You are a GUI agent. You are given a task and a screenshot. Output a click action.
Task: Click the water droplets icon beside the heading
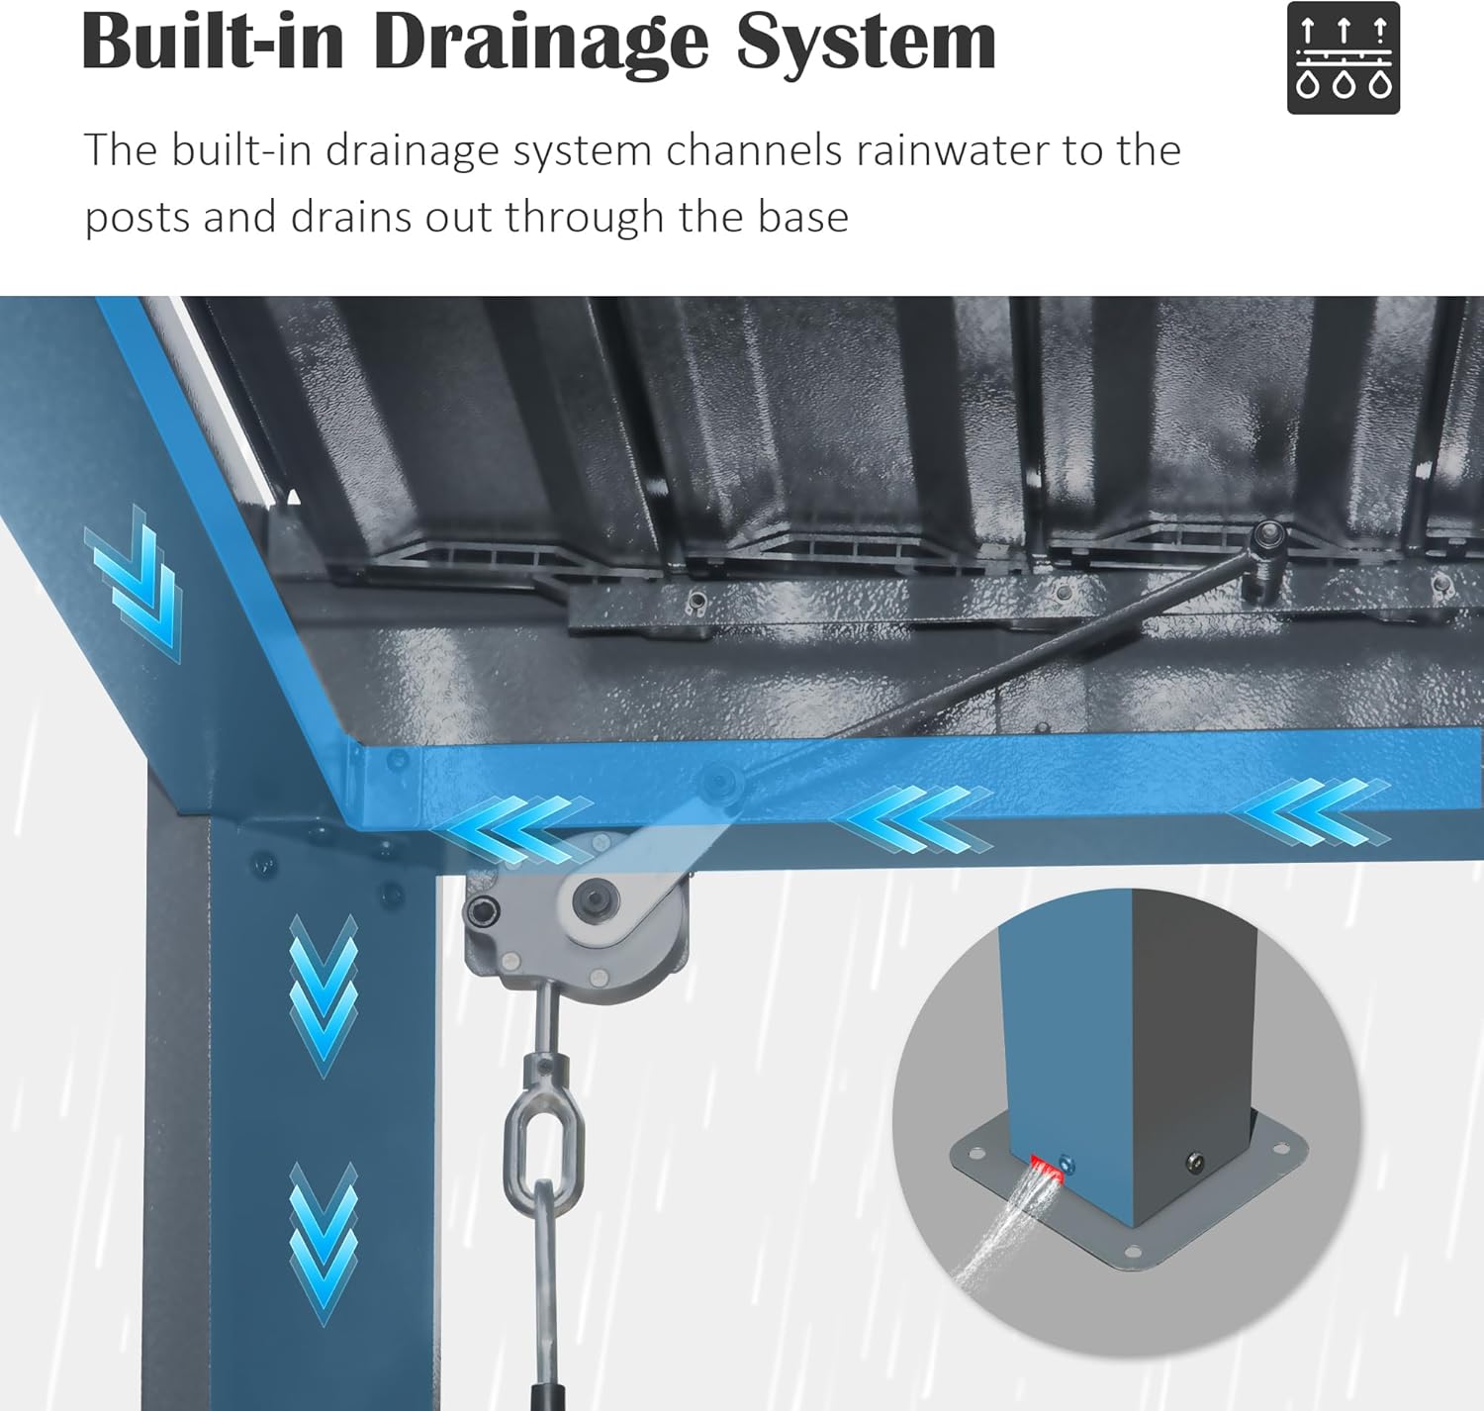(x=1343, y=58)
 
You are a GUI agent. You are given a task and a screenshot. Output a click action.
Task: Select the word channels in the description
(x=753, y=149)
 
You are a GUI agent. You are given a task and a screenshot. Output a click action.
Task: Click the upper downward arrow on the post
(x=324, y=995)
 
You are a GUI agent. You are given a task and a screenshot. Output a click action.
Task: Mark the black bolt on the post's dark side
(x=1195, y=1162)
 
